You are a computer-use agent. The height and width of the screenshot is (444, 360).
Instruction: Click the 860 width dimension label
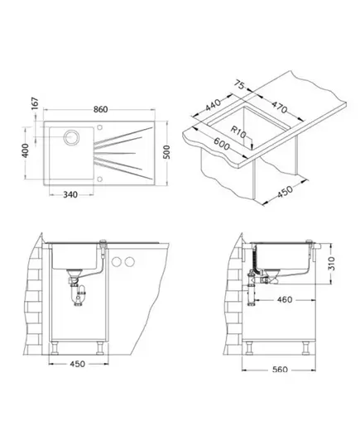[101, 109]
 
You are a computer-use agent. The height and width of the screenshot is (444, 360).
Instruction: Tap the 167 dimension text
[34, 103]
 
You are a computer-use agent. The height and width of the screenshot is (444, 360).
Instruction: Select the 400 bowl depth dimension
[25, 150]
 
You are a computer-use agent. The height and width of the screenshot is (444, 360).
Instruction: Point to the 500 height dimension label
[167, 152]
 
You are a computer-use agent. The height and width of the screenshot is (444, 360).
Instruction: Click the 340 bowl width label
[70, 195]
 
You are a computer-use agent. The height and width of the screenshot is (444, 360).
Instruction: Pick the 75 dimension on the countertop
[240, 84]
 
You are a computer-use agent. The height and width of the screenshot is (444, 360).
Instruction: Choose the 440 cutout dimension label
[213, 105]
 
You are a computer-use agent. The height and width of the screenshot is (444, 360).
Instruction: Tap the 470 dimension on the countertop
[280, 107]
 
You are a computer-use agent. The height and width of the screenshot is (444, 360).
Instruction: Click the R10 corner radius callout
[238, 132]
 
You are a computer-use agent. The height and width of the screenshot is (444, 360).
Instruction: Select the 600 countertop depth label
[222, 144]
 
